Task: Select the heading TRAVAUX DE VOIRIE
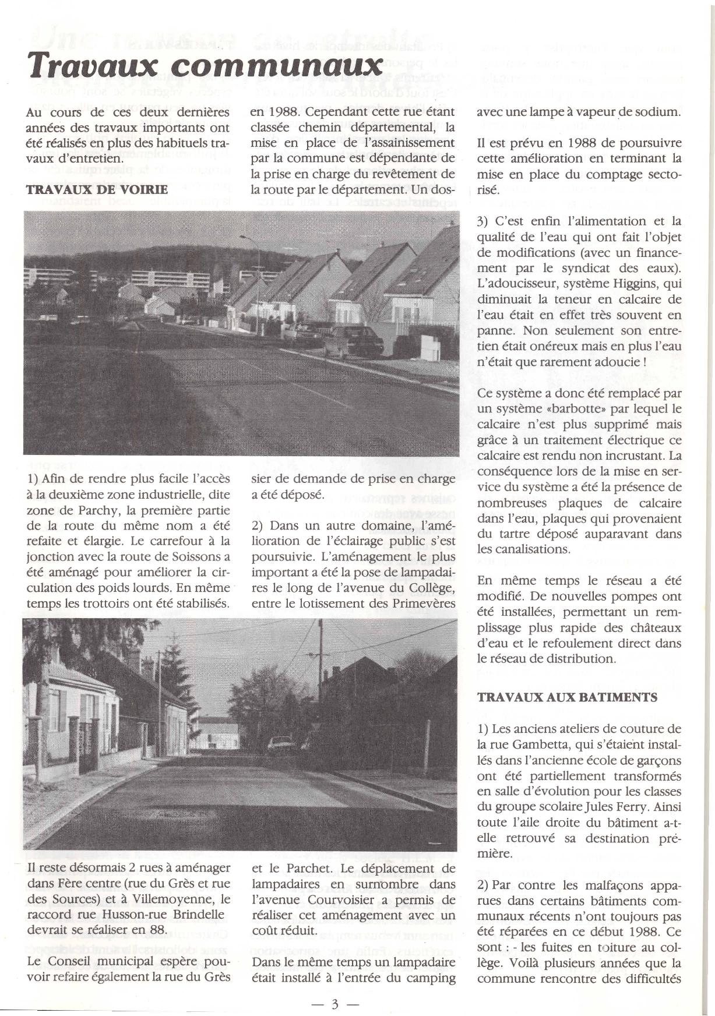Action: pyautogui.click(x=97, y=189)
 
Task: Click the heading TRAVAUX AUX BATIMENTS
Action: pyautogui.click(x=567, y=697)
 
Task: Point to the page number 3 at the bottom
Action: pyautogui.click(x=335, y=1004)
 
